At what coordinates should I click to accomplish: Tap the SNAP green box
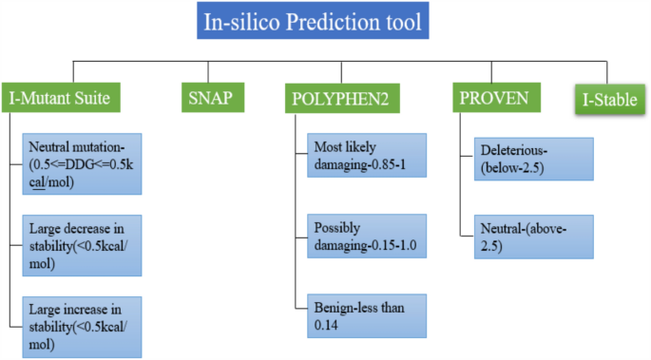click(209, 96)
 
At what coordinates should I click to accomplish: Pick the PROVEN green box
click(499, 96)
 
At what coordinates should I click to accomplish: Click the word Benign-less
click(348, 309)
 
